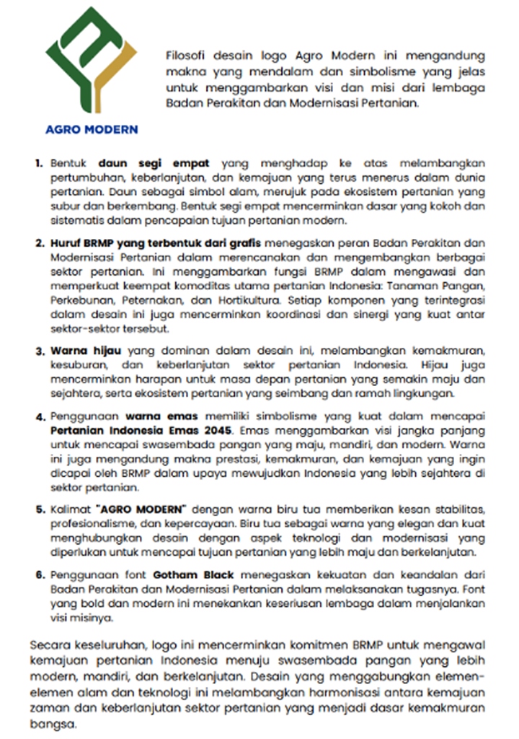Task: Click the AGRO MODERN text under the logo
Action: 92,130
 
